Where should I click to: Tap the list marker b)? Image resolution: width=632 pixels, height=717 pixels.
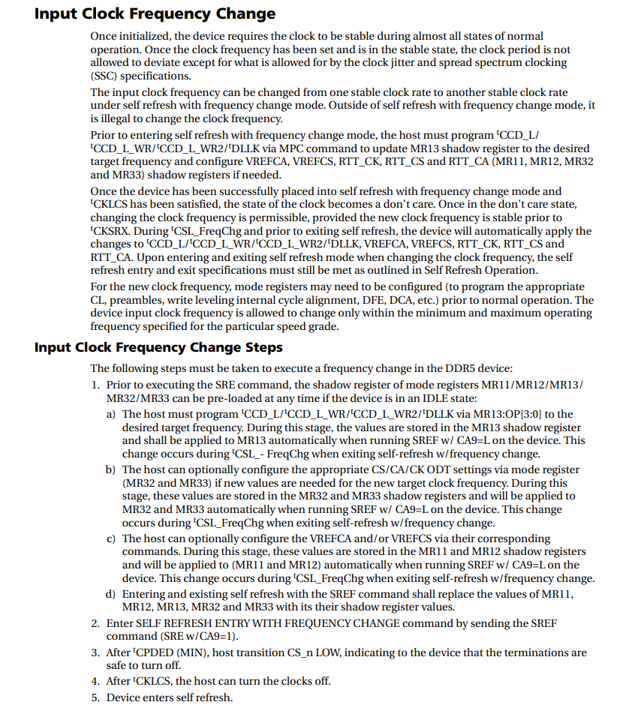click(x=110, y=469)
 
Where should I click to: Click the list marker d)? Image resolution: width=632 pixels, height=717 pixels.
click(x=110, y=594)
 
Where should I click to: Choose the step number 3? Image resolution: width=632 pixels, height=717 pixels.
click(x=95, y=652)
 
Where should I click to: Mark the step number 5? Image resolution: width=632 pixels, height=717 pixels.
click(x=95, y=697)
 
